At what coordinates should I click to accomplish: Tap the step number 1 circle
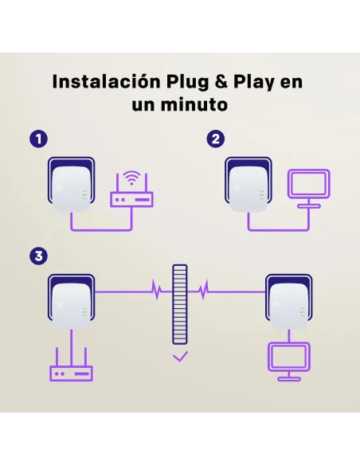point(37,139)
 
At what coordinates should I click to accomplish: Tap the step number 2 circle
point(216,139)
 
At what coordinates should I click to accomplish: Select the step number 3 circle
point(37,256)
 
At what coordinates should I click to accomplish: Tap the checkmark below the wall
point(180,358)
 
